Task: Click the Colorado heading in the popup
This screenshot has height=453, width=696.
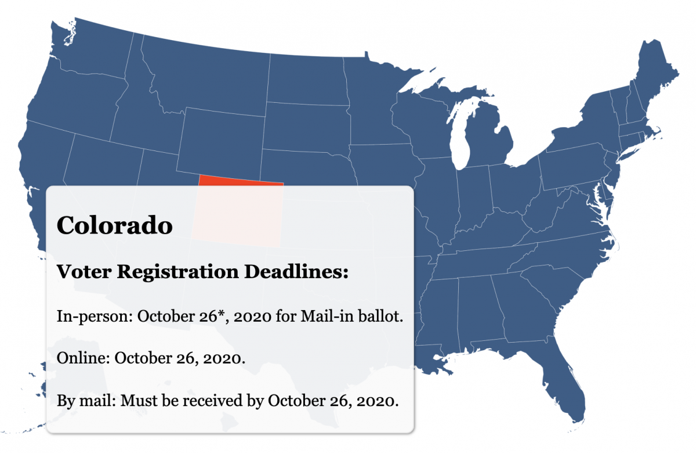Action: click(x=114, y=225)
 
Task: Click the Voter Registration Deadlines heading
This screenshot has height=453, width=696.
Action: click(x=202, y=271)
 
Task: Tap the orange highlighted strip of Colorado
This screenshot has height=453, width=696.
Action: click(x=241, y=180)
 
